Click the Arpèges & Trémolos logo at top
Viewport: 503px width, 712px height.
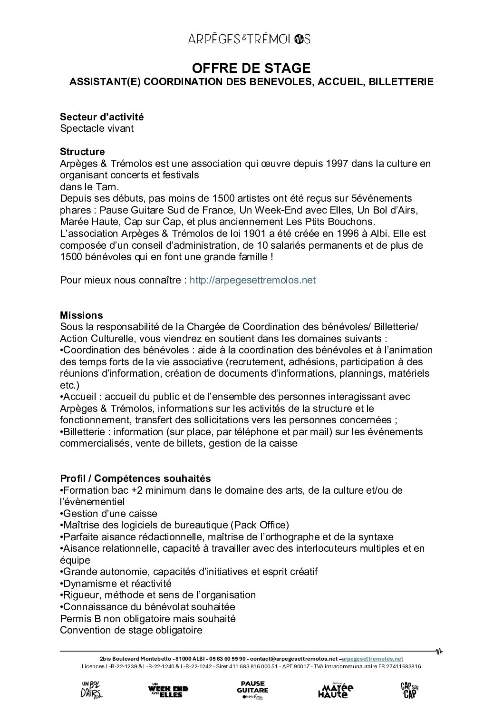coord(251,39)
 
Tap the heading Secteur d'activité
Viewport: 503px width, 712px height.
coord(102,117)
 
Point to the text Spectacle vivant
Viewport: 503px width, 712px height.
coord(97,128)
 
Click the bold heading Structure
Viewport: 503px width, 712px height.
coord(82,152)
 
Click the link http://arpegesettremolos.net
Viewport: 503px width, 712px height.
coord(252,280)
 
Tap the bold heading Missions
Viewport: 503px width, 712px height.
coord(81,315)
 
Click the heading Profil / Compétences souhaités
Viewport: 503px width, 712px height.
coord(135,478)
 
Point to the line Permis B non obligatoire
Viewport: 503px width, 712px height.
coord(148,619)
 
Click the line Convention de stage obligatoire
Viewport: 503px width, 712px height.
coord(131,631)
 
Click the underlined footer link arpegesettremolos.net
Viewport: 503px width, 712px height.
coord(372,659)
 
